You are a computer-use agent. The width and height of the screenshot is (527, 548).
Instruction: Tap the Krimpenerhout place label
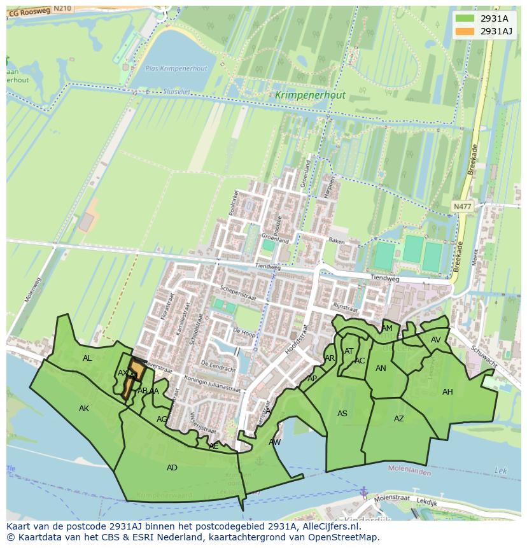pos(311,95)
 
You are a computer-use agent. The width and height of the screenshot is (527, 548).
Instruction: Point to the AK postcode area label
pos(84,409)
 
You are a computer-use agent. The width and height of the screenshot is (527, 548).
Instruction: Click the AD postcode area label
pos(172,468)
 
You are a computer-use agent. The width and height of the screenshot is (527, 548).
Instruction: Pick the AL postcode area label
pos(87,358)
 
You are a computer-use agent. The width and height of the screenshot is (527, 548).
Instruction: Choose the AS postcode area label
pos(342,414)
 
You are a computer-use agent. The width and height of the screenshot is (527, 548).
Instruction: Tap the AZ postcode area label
pos(399,419)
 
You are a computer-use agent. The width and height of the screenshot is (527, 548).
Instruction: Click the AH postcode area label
pos(447,392)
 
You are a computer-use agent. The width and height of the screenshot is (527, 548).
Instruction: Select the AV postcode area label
pos(436,340)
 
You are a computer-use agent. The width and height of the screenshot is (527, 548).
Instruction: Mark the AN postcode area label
pos(381,369)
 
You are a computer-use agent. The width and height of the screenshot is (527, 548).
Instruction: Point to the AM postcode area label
pos(387,328)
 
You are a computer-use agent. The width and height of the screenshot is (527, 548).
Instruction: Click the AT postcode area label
pos(349,351)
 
